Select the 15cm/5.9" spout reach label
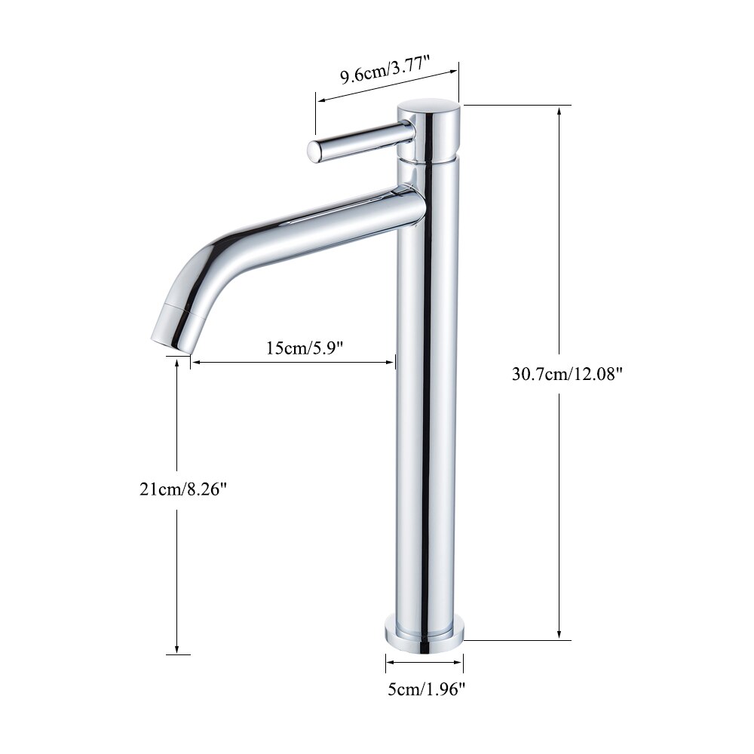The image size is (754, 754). point(305,348)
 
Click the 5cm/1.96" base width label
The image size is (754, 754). point(425,688)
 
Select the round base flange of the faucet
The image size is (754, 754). point(425,632)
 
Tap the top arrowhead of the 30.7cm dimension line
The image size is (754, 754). point(559,110)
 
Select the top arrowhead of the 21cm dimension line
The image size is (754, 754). point(177,364)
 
